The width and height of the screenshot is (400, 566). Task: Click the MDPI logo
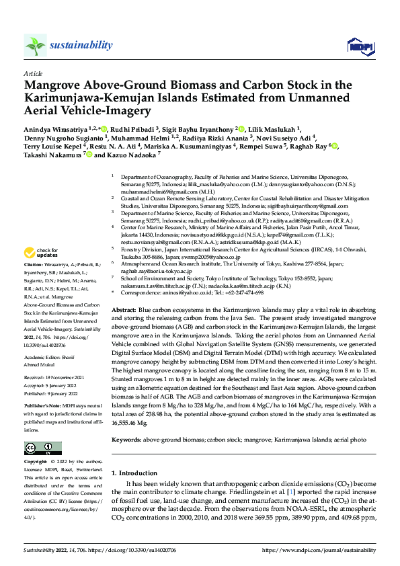pyautogui.click(x=356, y=45)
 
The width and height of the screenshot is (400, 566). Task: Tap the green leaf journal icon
pyautogui.click(x=35, y=46)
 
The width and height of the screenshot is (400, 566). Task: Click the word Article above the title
pyautogui.click(x=32, y=73)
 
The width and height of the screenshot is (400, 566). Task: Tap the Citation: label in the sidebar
pyautogui.click(x=34, y=267)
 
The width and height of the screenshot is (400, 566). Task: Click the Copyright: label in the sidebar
pyautogui.click(x=36, y=463)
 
